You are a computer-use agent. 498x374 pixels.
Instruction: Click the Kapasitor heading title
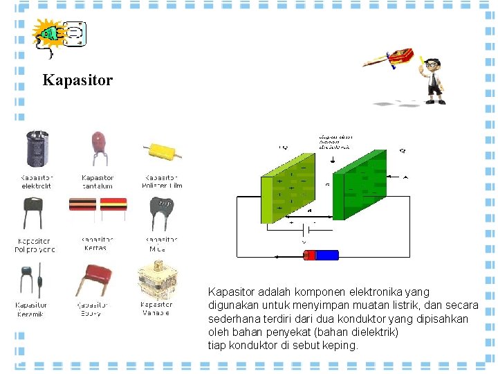click(x=77, y=80)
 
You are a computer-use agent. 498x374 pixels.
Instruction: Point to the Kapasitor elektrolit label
click(x=37, y=181)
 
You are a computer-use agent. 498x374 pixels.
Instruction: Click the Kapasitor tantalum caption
click(x=98, y=181)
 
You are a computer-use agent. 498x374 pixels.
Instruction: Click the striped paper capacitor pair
click(x=98, y=206)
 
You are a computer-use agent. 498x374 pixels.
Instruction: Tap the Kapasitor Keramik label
click(x=32, y=309)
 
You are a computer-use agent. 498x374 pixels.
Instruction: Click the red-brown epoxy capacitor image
click(x=97, y=277)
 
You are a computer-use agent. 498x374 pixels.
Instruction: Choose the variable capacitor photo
click(x=156, y=280)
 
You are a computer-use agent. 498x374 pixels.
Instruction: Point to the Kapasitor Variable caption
click(x=156, y=309)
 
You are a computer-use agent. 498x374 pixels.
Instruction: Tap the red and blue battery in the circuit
click(x=321, y=255)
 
